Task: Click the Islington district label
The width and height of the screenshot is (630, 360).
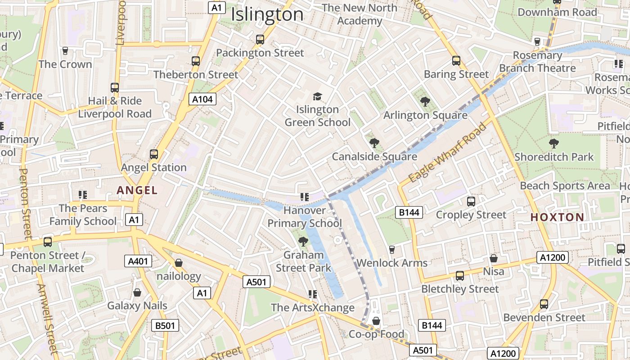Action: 267,14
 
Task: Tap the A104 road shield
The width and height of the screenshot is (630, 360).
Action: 202,99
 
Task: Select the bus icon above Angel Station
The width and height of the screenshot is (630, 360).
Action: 154,154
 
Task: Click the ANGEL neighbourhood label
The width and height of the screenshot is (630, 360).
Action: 137,190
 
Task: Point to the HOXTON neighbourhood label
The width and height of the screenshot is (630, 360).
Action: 557,217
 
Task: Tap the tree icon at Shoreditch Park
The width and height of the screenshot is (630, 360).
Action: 554,144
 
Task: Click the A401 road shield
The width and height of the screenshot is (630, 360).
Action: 138,261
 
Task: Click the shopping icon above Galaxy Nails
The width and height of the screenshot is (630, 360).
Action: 137,292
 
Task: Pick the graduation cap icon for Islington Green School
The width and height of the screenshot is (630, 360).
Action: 318,96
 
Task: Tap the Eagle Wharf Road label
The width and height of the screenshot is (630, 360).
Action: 449,152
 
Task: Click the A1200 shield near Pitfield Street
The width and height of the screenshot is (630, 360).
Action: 553,257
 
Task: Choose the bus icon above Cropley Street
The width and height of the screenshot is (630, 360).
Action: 471,202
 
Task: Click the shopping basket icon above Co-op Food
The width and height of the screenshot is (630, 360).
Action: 376,321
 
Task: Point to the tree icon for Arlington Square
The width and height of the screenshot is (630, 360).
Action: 425,102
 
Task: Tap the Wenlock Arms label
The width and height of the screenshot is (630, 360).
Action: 392,263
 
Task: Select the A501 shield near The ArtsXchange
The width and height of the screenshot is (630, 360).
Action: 257,282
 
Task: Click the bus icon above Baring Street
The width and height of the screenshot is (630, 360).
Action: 456,61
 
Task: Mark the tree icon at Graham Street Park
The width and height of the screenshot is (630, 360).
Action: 303,242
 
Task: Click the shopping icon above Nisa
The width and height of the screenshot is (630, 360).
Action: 494,258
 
